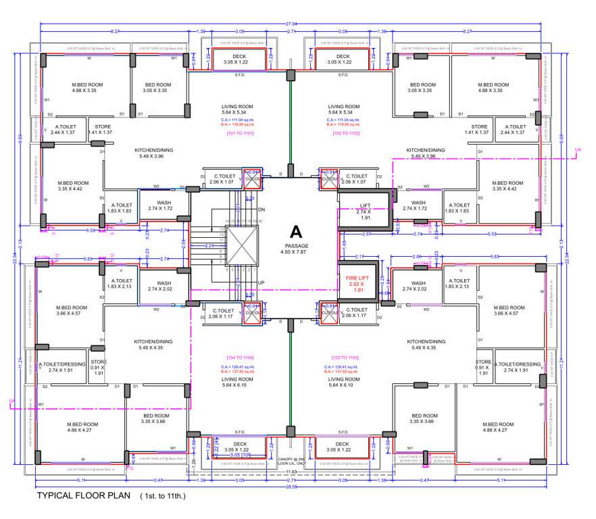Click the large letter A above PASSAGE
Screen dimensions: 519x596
tap(295, 231)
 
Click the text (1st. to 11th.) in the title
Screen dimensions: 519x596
tap(162, 496)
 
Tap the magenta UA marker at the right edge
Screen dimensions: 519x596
tap(576, 150)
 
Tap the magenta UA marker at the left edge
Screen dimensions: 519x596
tap(11, 401)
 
